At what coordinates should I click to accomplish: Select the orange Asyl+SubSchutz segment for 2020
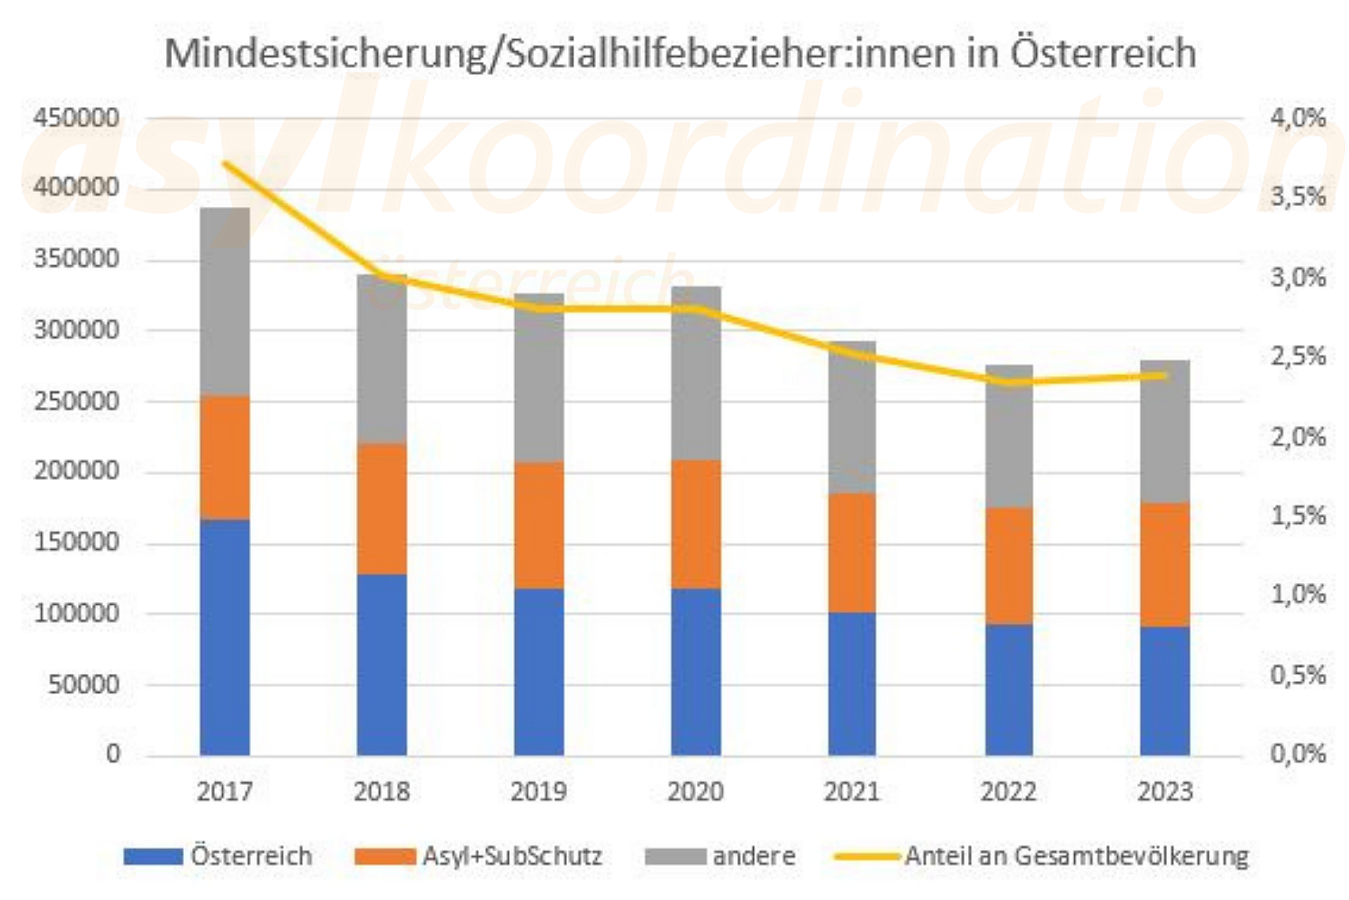pyautogui.click(x=696, y=524)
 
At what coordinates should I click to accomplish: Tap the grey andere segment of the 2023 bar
pyautogui.click(x=1164, y=431)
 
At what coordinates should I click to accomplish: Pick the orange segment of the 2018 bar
pyautogui.click(x=382, y=509)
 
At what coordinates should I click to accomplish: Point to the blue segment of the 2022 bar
pyautogui.click(x=1009, y=690)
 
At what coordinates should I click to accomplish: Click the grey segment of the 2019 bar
pyautogui.click(x=539, y=377)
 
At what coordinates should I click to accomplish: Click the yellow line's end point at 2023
pyautogui.click(x=1164, y=375)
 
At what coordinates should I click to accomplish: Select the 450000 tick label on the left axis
pyautogui.click(x=77, y=118)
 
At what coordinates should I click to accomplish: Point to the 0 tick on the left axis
pyautogui.click(x=113, y=754)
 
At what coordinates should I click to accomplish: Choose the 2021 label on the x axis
pyautogui.click(x=852, y=792)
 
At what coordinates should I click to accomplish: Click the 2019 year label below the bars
pyautogui.click(x=538, y=792)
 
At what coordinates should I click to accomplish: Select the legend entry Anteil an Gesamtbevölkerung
pyautogui.click(x=1076, y=856)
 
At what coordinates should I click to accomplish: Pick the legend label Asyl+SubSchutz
pyautogui.click(x=512, y=856)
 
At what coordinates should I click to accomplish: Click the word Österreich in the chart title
pyautogui.click(x=1103, y=53)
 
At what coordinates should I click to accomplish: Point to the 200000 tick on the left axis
pyautogui.click(x=77, y=471)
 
